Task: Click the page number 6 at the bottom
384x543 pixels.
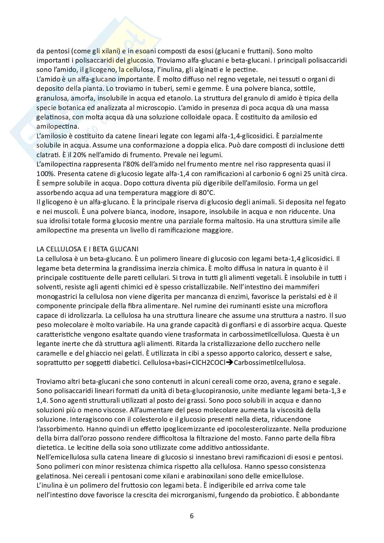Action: click(x=192, y=516)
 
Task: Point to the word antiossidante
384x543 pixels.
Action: click(x=247, y=448)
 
